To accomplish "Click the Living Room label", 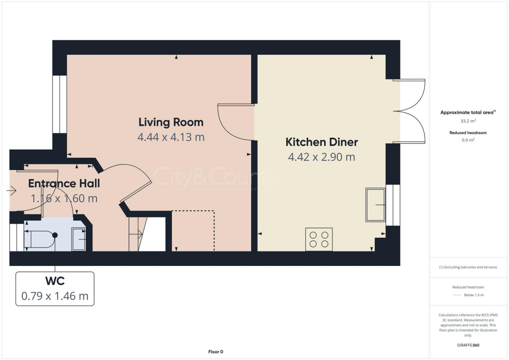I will pos(170,122).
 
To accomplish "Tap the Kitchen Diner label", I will pos(321,142).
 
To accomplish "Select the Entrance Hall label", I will pos(64,183).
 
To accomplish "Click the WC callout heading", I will pos(55,281).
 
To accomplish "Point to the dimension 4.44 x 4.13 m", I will pos(170,137).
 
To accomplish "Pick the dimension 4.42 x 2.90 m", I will pos(321,157).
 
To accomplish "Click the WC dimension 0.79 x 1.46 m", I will pos(55,296).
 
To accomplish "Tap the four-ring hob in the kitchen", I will pos(319,239).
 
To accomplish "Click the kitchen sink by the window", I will pos(376,204).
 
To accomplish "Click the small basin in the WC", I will pos(79,239).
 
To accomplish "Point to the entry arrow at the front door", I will pos(12,190).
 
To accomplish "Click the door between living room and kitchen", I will pos(236,122).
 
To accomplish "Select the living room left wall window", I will pos(60,104).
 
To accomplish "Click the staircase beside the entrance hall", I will pos(136,234).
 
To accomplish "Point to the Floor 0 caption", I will pos(216,352).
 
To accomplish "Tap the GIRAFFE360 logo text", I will pos(468,345).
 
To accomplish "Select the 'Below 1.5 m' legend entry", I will pos(474,295).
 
